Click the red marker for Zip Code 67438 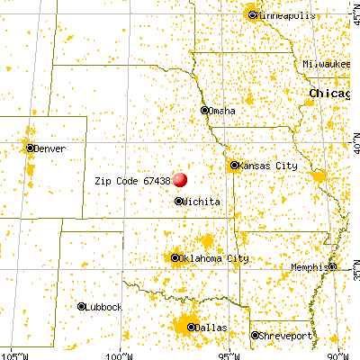pos(180,180)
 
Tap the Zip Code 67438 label pos(132,181)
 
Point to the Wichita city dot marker pos(178,202)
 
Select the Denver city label pos(51,148)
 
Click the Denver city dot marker pos(31,148)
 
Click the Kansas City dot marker pos(234,166)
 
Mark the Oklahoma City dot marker pos(175,258)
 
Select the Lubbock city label pos(106,307)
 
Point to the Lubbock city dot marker pos(82,307)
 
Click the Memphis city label pos(310,268)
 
